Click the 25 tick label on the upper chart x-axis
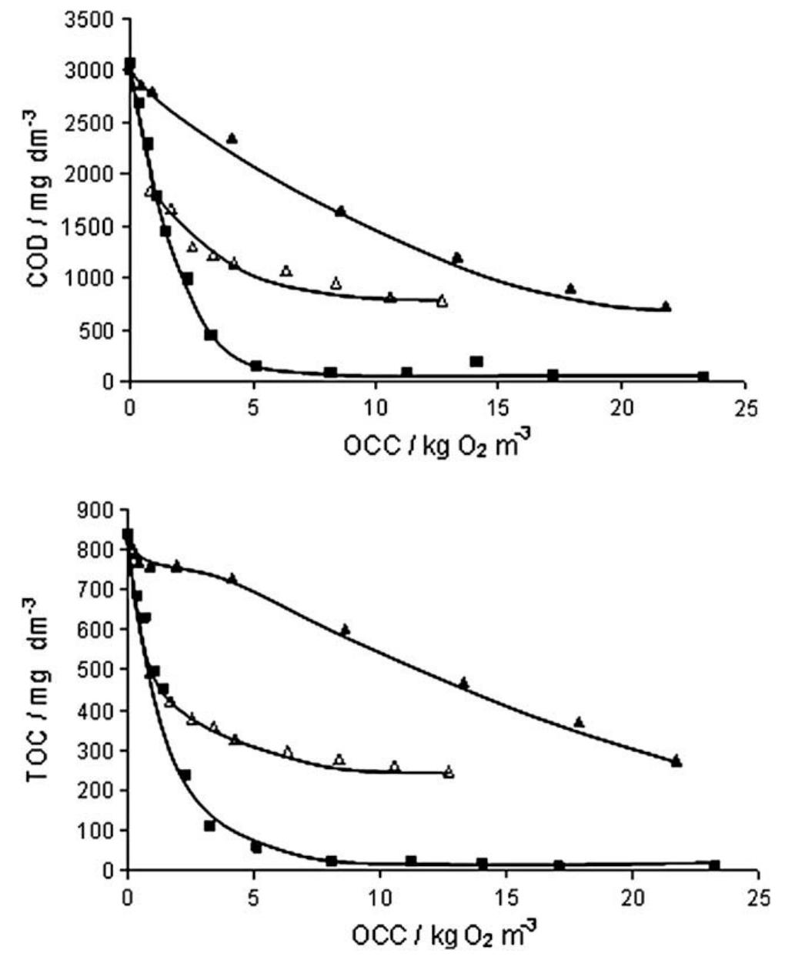click(x=744, y=407)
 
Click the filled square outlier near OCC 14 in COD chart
click(x=476, y=361)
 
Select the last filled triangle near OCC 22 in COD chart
click(x=666, y=306)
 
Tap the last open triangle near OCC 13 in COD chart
click(x=442, y=301)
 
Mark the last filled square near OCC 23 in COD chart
click(x=703, y=376)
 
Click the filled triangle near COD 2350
click(x=232, y=139)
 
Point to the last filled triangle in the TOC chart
click(x=676, y=761)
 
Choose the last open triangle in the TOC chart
click(x=449, y=772)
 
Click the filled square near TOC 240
click(x=185, y=774)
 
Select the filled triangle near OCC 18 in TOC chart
click(x=579, y=722)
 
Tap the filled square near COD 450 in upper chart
click(x=211, y=335)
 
